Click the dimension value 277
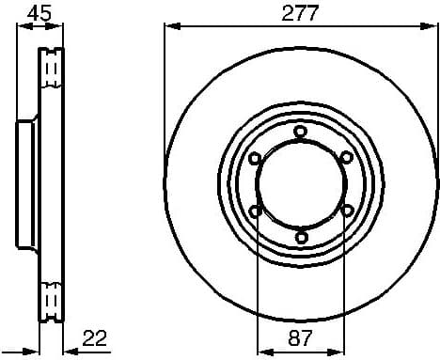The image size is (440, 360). (x=301, y=13)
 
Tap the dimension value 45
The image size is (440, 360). (x=39, y=13)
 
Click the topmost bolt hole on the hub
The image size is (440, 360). (x=300, y=132)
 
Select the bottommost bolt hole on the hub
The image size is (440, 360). (x=300, y=238)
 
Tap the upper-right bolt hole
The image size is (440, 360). (x=346, y=157)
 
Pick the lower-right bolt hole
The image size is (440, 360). (x=346, y=211)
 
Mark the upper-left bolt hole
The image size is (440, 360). (x=255, y=157)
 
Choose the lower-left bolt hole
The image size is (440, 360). (x=255, y=211)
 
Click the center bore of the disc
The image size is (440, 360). (x=300, y=184)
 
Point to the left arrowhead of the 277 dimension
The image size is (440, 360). (x=170, y=28)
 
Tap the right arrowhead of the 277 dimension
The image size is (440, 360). (x=433, y=28)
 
